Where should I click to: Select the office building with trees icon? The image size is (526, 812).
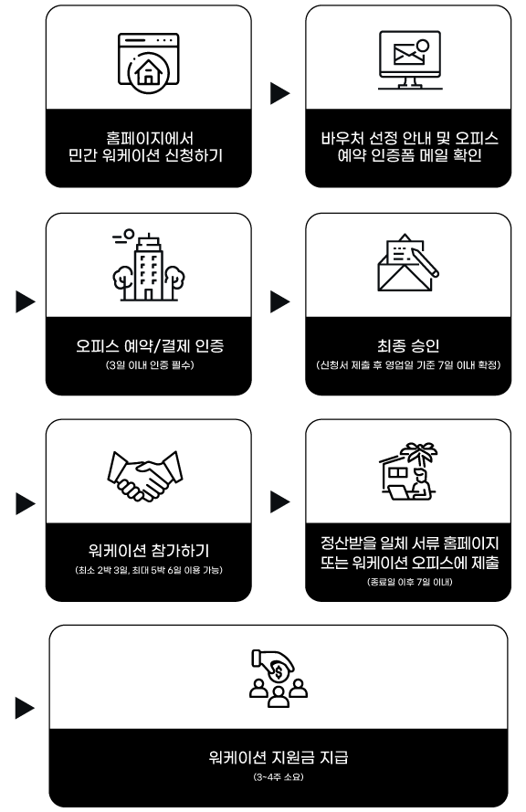coord(149,265)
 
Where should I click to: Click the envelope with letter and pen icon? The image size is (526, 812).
coord(408,262)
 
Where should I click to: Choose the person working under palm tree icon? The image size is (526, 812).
coord(408,470)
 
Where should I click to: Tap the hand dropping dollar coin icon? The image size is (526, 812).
coord(279,678)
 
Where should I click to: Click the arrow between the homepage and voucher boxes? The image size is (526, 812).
coord(279,93)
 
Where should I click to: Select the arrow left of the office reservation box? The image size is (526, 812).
coord(26,302)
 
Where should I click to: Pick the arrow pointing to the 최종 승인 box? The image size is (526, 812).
coord(279,302)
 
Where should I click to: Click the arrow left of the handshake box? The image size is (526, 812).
coord(26,504)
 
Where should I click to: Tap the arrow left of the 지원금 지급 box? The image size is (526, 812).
coord(25,708)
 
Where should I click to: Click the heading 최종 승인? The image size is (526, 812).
coord(408,345)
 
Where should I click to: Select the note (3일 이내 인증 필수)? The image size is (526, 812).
coord(150,365)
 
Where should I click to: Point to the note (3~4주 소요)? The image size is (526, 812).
coord(279,776)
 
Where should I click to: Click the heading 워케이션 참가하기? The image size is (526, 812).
coord(149,551)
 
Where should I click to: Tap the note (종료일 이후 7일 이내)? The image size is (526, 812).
coord(409,582)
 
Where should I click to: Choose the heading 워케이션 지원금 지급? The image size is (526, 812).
coord(279,757)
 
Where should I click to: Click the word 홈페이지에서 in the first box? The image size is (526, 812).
coord(150,138)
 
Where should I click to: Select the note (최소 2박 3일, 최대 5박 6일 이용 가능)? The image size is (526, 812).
coord(149,570)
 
